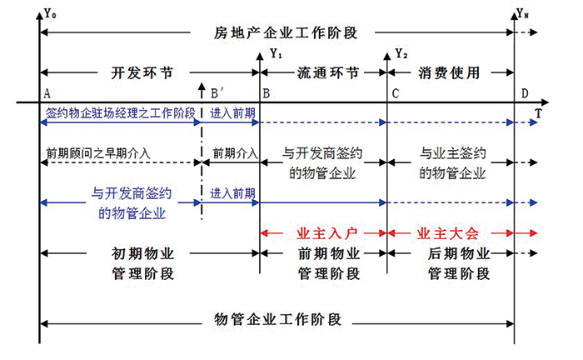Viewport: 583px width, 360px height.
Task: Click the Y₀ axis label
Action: [x=50, y=13]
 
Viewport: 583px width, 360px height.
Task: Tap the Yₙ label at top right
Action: [x=522, y=14]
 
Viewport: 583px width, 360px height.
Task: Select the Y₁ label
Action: [x=276, y=53]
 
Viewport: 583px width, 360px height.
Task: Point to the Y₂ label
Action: [x=401, y=53]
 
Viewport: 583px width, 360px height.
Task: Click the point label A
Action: [x=47, y=93]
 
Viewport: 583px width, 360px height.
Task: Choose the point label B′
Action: [x=217, y=93]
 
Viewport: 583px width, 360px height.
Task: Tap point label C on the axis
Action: [x=396, y=93]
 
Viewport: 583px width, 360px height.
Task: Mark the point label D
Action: [x=524, y=93]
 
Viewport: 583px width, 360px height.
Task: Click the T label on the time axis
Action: [x=538, y=112]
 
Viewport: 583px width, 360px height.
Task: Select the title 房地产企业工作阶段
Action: [x=286, y=32]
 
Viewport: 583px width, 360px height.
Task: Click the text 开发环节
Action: [x=142, y=72]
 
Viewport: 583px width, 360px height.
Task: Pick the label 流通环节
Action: [x=328, y=72]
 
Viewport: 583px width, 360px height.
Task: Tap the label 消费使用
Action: [x=449, y=72]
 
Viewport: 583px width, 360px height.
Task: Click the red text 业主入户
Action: [x=326, y=233]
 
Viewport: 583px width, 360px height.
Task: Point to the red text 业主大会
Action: [x=447, y=233]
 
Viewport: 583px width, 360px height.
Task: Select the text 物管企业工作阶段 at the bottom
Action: [x=277, y=319]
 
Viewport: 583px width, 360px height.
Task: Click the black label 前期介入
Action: [x=235, y=152]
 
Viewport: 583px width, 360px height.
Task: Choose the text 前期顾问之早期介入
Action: [x=97, y=152]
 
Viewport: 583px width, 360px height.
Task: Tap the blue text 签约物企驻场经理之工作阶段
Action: [x=121, y=112]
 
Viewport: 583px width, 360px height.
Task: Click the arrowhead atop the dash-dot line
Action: [x=202, y=87]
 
